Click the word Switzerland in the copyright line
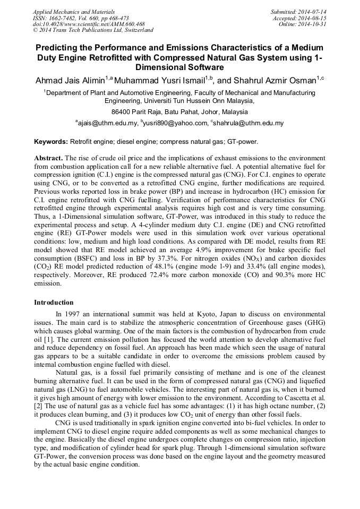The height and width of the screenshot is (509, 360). (x=136, y=31)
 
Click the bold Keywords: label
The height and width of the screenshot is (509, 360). (x=51, y=142)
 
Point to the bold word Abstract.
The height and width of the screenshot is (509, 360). (x=48, y=159)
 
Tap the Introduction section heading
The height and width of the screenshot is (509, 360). (x=54, y=303)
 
